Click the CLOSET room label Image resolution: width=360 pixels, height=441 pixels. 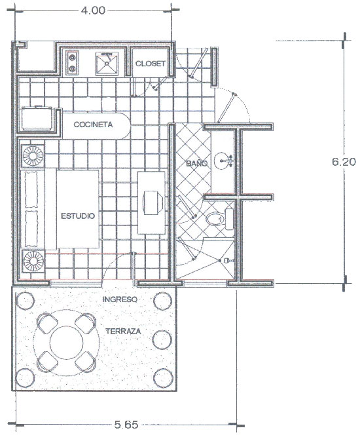pyautogui.click(x=151, y=64)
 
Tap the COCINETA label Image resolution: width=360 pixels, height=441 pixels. pyautogui.click(x=93, y=125)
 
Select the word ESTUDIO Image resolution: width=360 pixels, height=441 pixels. pyautogui.click(x=78, y=216)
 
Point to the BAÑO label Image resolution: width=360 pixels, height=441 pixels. pyautogui.click(x=197, y=163)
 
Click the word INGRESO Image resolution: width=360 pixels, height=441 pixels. pyautogui.click(x=120, y=299)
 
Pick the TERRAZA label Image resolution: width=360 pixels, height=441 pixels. pyautogui.click(x=123, y=332)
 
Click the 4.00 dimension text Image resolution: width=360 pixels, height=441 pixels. pyautogui.click(x=93, y=10)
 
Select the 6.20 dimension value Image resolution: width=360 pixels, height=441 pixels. pyautogui.click(x=344, y=162)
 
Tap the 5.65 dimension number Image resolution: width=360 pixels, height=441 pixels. pyautogui.click(x=126, y=425)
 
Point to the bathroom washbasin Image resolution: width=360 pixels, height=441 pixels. pyautogui.click(x=223, y=161)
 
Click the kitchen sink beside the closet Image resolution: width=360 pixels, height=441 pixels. pyautogui.click(x=107, y=64)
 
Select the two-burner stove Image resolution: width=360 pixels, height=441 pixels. pyautogui.click(x=72, y=63)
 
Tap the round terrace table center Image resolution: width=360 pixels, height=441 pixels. pyautogui.click(x=66, y=343)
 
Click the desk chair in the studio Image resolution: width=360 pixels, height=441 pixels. pyautogui.click(x=152, y=202)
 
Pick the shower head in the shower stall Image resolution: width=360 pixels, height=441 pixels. pyautogui.click(x=227, y=261)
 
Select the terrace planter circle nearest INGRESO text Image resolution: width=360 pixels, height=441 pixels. pyautogui.click(x=163, y=301)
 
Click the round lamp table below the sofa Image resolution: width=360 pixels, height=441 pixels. pyautogui.click(x=33, y=261)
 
